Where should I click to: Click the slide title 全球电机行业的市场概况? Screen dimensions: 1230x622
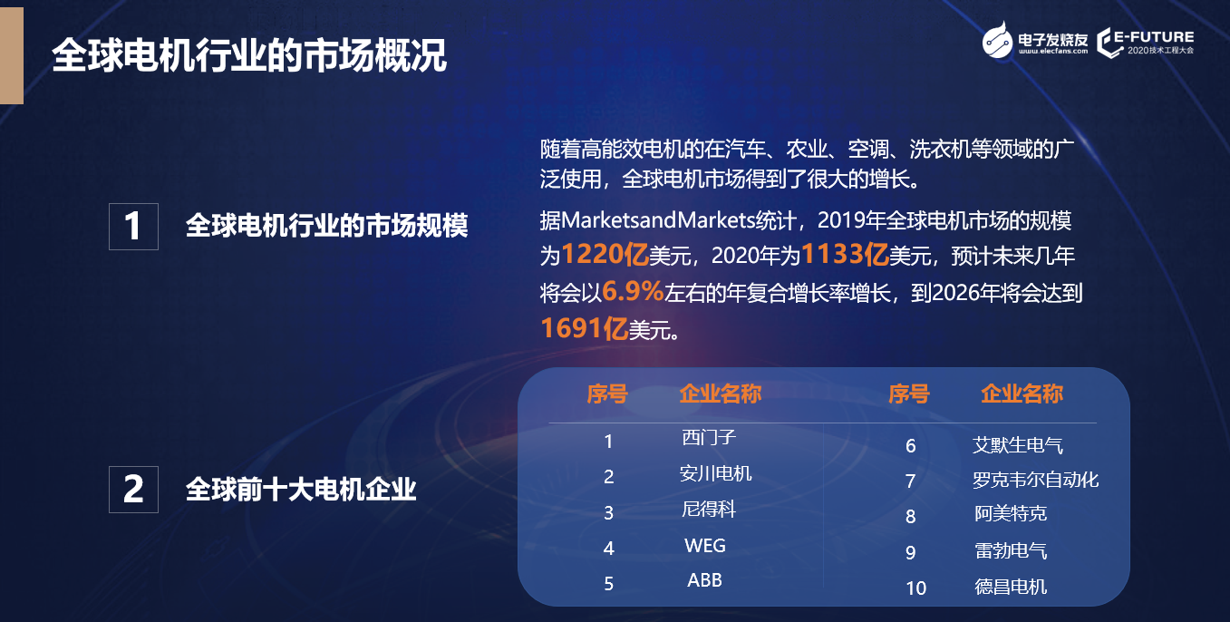coord(249,55)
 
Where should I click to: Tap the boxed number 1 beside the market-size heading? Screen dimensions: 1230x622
coord(133,227)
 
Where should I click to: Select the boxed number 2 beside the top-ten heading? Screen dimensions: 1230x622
coord(133,489)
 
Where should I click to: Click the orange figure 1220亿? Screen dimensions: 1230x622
coord(605,255)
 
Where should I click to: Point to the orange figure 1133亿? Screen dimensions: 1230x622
coord(845,255)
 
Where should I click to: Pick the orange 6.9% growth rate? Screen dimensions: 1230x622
coord(633,291)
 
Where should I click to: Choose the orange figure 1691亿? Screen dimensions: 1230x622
coord(585,328)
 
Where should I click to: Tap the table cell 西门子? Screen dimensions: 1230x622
coord(708,437)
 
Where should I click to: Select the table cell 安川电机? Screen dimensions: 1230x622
coord(715,473)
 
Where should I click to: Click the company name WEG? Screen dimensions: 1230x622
coord(705,546)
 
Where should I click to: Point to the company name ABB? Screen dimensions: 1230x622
coord(704,580)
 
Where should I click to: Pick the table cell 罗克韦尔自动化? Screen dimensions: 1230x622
coord(1036,480)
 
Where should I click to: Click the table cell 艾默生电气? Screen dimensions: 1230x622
coord(1018,445)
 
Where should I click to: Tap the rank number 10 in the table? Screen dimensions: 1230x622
coord(915,588)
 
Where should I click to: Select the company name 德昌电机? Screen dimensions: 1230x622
coord(1011,587)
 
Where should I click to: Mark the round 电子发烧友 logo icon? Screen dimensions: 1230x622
coord(997,40)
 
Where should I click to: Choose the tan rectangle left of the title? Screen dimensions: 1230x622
coord(12,55)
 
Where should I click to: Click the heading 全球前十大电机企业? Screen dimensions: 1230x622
coord(301,489)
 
